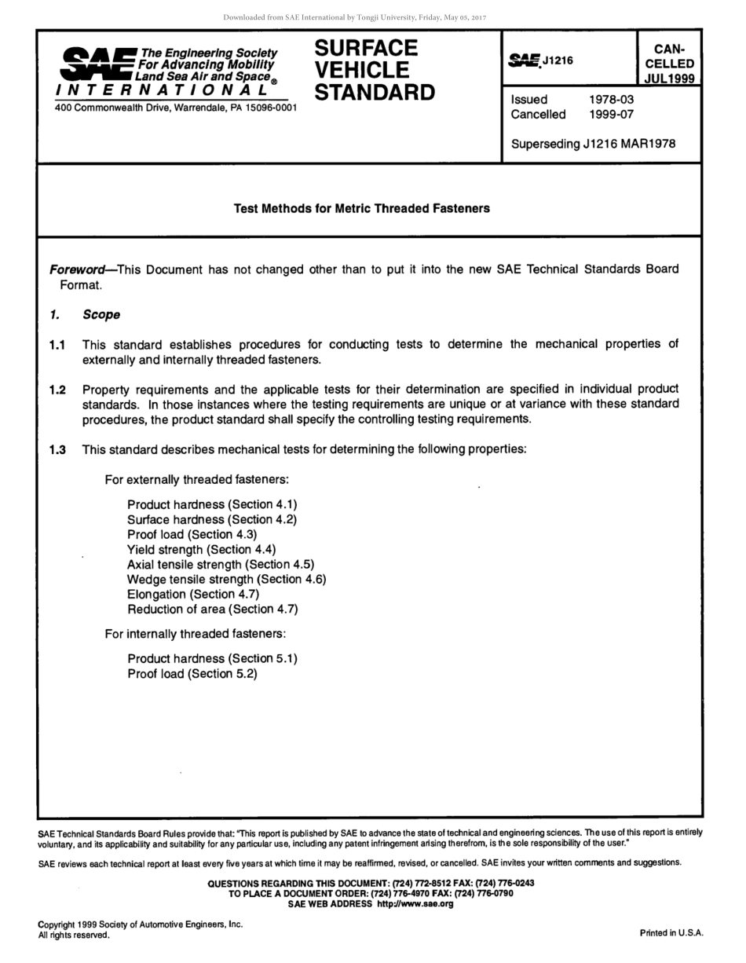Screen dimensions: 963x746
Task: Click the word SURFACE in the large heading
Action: pyautogui.click(x=366, y=48)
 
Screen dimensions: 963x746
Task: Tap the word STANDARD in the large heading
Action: pyautogui.click(x=375, y=93)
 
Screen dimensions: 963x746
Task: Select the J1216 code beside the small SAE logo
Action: pyautogui.click(x=558, y=60)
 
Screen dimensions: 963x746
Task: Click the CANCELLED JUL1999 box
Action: pyautogui.click(x=669, y=63)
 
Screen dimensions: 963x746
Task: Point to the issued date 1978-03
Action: pyautogui.click(x=611, y=100)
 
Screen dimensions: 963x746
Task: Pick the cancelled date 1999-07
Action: pyautogui.click(x=611, y=115)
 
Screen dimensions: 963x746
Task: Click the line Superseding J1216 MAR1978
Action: pyautogui.click(x=593, y=144)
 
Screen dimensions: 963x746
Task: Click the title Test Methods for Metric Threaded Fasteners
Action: pyautogui.click(x=361, y=208)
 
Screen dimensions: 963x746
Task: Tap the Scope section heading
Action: pyautogui.click(x=101, y=315)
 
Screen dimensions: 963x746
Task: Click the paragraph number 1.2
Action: pyautogui.click(x=57, y=390)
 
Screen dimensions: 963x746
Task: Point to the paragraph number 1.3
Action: pyautogui.click(x=57, y=450)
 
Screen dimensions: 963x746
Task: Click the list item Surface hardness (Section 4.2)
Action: pyautogui.click(x=212, y=519)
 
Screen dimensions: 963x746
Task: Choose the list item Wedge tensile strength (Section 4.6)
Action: pyautogui.click(x=226, y=579)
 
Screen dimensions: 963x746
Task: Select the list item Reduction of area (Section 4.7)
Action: pyautogui.click(x=212, y=609)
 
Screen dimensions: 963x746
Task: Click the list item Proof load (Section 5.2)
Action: pyautogui.click(x=192, y=673)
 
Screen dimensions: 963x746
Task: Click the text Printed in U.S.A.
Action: pyautogui.click(x=671, y=933)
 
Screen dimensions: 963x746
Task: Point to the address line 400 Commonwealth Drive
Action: pyautogui.click(x=175, y=107)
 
